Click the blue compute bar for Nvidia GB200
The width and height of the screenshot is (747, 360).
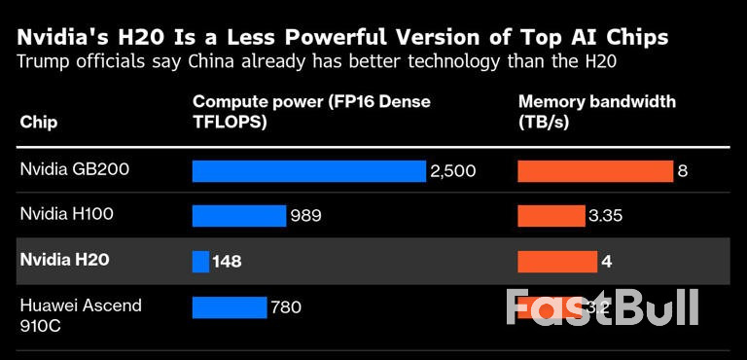coord(309,171)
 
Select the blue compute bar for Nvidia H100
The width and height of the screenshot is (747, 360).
coord(239,215)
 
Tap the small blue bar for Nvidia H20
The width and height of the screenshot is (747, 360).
coord(200,261)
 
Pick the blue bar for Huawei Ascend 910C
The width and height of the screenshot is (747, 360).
coord(230,307)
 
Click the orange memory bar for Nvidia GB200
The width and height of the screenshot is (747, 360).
coord(594,171)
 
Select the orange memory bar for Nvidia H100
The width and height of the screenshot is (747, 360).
coord(551,215)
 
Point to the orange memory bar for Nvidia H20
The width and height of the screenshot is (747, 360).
coord(556,261)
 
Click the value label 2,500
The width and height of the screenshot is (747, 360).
coord(452,171)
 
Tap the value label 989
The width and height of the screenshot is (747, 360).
coord(305,215)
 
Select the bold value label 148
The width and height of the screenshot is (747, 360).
coord(227,261)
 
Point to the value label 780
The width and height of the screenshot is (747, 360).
coord(286,307)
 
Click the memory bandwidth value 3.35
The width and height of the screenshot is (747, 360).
coord(606,215)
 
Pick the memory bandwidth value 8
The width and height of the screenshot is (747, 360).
coord(683,171)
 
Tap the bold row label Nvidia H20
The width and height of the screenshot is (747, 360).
coord(64,260)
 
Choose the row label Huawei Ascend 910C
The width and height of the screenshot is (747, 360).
coord(81,314)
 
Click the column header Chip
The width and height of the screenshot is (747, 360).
coord(38,123)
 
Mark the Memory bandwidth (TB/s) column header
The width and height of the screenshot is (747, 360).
coord(596,112)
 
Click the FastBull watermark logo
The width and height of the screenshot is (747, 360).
coord(602,307)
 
